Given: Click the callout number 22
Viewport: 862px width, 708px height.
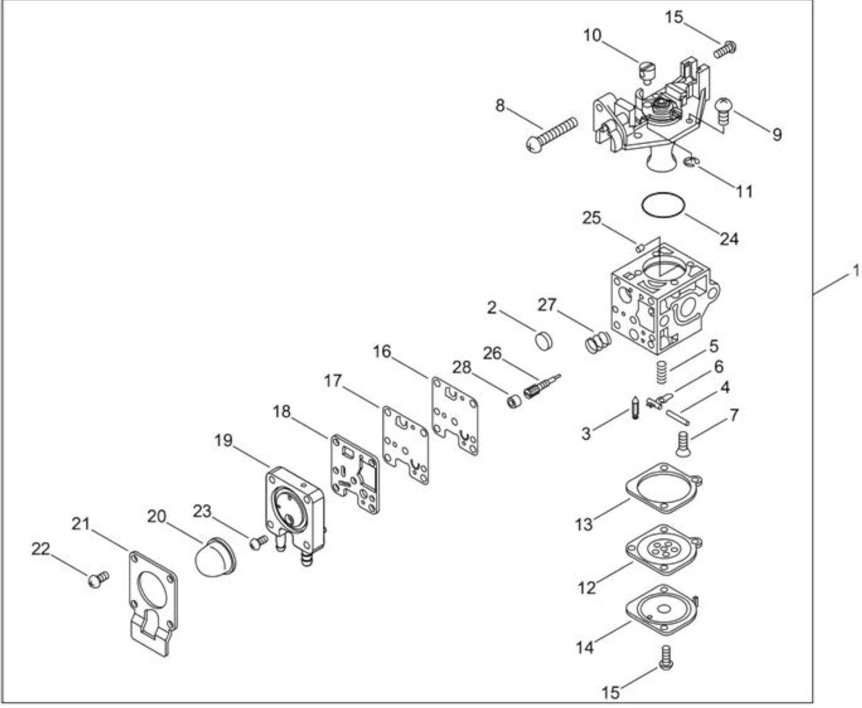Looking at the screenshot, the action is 41,549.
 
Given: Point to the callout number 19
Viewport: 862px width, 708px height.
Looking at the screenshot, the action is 223,440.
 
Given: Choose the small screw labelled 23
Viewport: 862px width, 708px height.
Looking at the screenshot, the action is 259,543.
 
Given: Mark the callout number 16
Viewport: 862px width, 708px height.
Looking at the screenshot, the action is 382,351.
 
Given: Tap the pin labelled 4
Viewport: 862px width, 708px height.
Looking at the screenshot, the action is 678,417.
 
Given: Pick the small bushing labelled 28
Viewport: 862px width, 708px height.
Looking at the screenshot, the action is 514,401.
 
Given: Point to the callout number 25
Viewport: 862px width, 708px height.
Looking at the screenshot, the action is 592,218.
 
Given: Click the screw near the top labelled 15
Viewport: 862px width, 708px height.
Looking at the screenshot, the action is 725,49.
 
